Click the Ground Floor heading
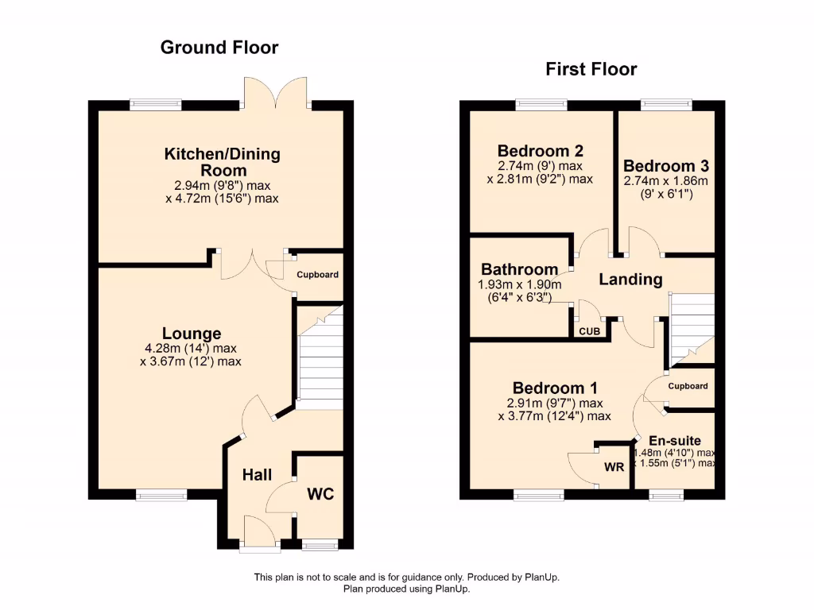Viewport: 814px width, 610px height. point(219,48)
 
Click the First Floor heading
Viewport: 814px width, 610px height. point(591,70)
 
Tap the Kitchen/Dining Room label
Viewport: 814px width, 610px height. point(222,162)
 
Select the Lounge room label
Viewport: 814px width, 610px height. point(192,334)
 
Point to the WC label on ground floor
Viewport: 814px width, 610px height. point(320,494)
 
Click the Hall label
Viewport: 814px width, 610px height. point(257,475)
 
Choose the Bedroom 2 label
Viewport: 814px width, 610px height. point(541,151)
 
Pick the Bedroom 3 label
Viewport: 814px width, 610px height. point(665,166)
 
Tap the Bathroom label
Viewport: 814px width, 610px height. point(519,270)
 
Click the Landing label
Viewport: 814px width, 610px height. point(630,280)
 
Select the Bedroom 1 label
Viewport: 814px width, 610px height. point(555,388)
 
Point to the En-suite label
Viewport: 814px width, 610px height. point(675,441)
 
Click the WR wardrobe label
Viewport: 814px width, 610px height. point(614,467)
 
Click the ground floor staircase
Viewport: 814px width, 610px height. point(319,357)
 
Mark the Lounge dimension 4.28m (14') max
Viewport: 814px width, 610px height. point(191,348)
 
